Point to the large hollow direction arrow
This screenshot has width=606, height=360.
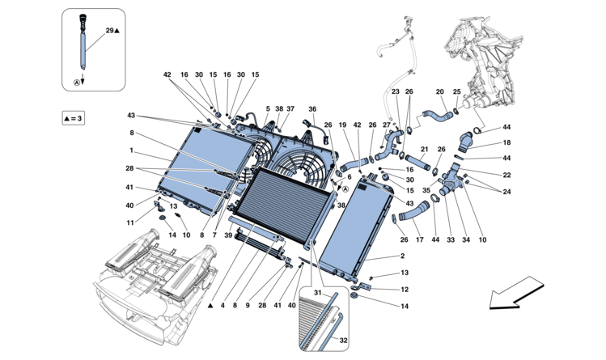515,293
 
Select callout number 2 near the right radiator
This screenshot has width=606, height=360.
402,256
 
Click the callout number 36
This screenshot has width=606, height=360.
312,109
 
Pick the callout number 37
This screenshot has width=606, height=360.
290,109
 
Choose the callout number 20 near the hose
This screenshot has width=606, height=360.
440,91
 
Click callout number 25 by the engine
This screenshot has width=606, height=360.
456,91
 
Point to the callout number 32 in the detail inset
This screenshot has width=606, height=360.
343,341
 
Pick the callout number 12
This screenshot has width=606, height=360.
405,289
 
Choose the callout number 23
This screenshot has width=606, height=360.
396,91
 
